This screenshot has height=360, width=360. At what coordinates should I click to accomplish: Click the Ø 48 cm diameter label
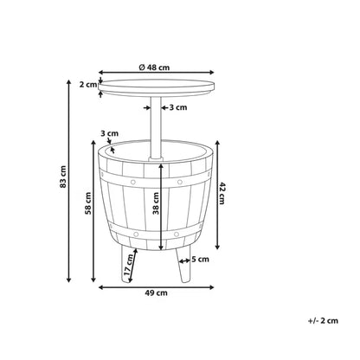(154, 67)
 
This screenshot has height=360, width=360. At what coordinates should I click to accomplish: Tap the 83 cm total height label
(63, 177)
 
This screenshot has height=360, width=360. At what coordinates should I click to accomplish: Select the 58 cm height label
(88, 203)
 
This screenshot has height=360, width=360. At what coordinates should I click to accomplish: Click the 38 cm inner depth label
(156, 203)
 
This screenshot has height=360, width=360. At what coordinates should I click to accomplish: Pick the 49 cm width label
(156, 293)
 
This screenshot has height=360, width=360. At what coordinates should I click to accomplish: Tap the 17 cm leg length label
(128, 265)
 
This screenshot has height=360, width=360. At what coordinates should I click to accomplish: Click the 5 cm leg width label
(200, 260)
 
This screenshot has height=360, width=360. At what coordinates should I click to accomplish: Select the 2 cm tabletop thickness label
(88, 85)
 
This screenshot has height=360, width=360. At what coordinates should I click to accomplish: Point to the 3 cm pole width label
(178, 107)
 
